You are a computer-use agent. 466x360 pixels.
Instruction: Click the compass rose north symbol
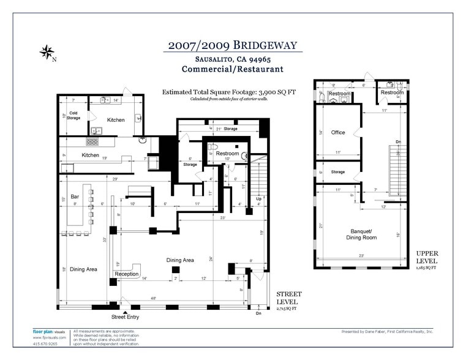[x=47, y=52]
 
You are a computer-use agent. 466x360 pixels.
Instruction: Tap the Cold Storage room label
[x=73, y=116]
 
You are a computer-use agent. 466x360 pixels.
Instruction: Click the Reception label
[x=127, y=274]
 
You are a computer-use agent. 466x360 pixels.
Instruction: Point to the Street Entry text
[x=125, y=317]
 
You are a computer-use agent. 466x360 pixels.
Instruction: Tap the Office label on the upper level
[x=338, y=132]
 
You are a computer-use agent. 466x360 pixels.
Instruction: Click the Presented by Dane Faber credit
[x=387, y=331]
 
